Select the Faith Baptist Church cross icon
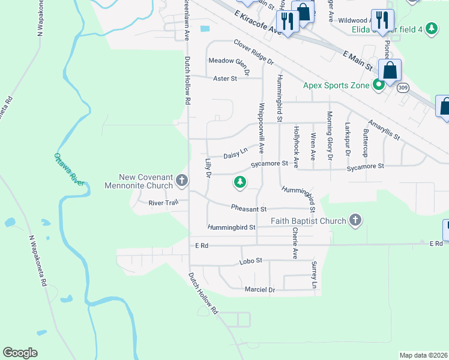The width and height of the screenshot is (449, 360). [355, 221]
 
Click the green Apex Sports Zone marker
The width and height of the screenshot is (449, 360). [378, 85]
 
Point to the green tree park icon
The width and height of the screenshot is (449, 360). [240, 181]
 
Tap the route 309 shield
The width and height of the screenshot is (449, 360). [403, 88]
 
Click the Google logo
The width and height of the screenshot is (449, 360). [20, 353]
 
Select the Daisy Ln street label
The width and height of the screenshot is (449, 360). [235, 154]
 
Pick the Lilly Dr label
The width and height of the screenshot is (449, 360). [208, 168]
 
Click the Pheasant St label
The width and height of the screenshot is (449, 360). [249, 209]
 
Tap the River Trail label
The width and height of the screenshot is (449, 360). [164, 203]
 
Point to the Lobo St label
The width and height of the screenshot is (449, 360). [252, 261]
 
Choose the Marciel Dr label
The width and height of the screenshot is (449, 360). [259, 290]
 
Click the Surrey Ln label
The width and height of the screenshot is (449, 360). [313, 275]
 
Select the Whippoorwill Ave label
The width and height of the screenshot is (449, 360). [261, 128]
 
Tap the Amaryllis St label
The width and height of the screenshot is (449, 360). [385, 129]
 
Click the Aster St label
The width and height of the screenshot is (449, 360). [226, 78]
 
